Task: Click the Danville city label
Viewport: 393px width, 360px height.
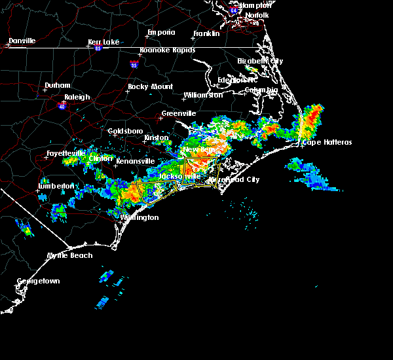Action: click(x=22, y=41)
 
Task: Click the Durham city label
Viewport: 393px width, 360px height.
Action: click(x=56, y=86)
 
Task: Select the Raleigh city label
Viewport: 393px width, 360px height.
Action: click(x=77, y=97)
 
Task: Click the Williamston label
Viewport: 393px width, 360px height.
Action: click(x=203, y=95)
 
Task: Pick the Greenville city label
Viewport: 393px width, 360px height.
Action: click(x=179, y=113)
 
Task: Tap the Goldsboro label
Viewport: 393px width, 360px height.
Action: click(x=125, y=131)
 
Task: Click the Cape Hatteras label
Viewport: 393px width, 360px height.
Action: click(x=327, y=142)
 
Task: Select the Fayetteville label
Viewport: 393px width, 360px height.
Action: click(x=66, y=154)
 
